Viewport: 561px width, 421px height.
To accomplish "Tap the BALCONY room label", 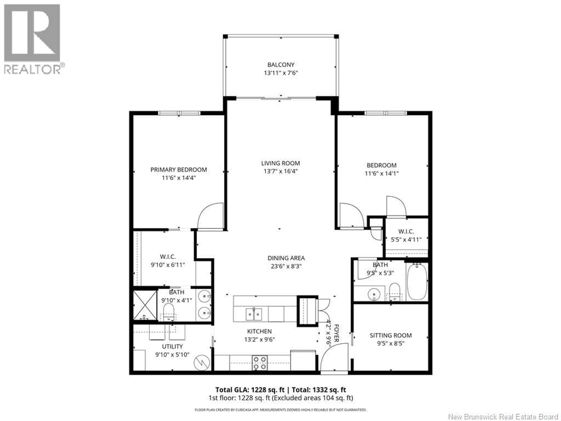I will pos(281,65).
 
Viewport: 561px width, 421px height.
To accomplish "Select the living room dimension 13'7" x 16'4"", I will pos(280,171).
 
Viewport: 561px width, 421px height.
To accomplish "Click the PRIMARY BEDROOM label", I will pos(179,170).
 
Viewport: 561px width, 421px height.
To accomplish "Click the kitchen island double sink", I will pos(254,315).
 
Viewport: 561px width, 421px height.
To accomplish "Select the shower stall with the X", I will pos(145,305).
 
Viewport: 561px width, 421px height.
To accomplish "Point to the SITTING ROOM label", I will pos(391,335).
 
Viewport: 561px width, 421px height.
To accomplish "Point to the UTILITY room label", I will pos(172,346).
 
